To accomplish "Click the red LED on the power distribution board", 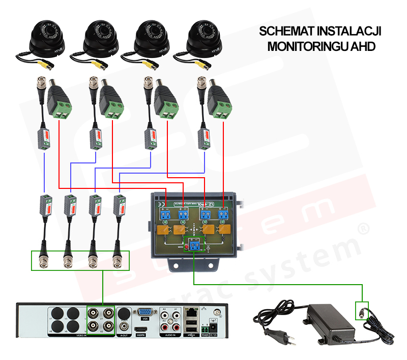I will (186, 247).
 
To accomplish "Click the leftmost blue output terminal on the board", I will (165, 214).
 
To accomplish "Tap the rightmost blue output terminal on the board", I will (223, 214).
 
